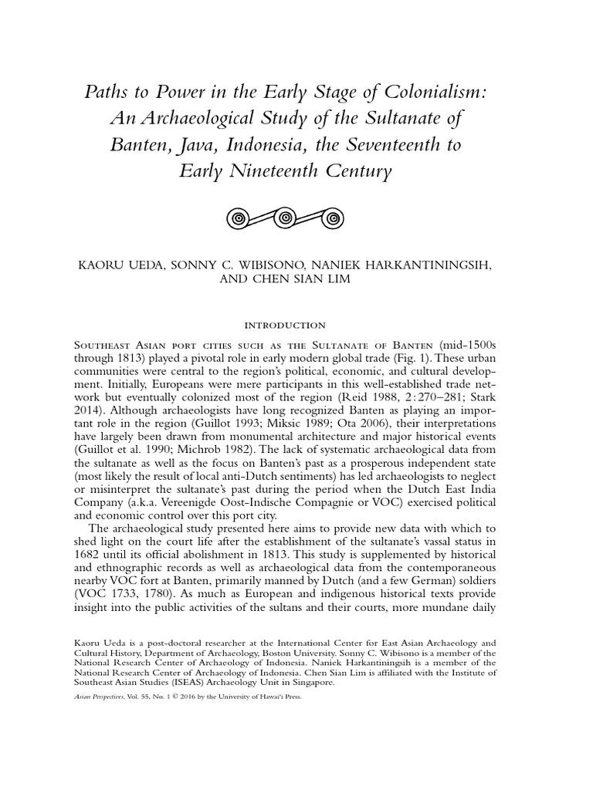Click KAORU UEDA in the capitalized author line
tap(125, 265)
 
